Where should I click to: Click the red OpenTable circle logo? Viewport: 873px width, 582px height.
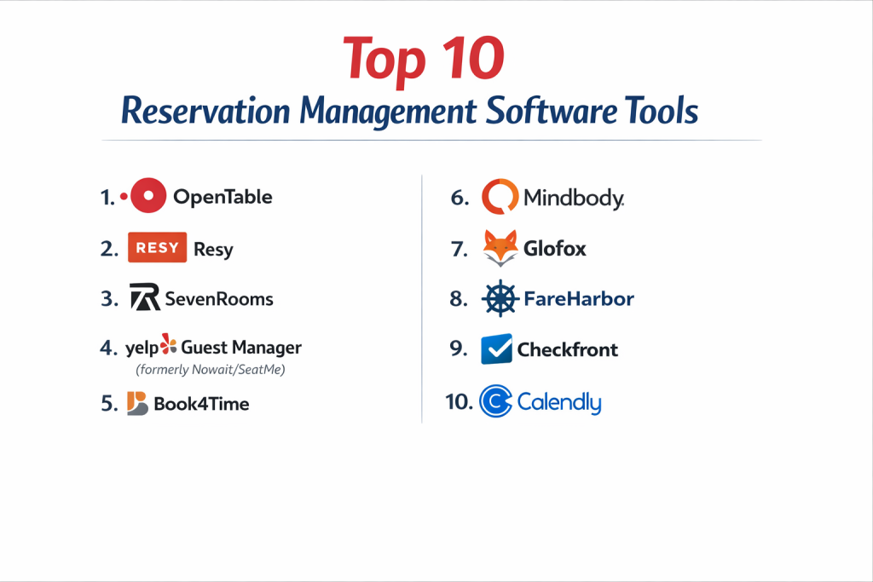pyautogui.click(x=147, y=195)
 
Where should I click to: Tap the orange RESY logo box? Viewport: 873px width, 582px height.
pyautogui.click(x=157, y=247)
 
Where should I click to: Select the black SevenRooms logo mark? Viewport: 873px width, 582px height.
pyautogui.click(x=145, y=297)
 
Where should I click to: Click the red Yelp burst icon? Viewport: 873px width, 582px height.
pyautogui.click(x=168, y=344)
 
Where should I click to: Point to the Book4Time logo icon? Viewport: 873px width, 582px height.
pyautogui.click(x=137, y=403)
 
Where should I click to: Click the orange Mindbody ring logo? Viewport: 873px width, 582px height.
pyautogui.click(x=500, y=196)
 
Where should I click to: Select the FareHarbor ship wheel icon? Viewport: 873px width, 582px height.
pyautogui.click(x=500, y=298)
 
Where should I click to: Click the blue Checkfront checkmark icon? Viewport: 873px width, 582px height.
pyautogui.click(x=496, y=349)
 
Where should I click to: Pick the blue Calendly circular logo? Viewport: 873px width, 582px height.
pyautogui.click(x=495, y=400)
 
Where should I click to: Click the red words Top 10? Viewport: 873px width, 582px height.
pyautogui.click(x=424, y=60)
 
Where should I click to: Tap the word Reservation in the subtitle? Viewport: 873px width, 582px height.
pyautogui.click(x=205, y=111)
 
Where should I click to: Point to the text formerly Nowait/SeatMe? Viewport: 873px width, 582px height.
pyautogui.click(x=211, y=370)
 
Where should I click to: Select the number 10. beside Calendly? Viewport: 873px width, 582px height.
pyautogui.click(x=459, y=401)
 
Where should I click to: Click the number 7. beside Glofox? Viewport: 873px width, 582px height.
pyautogui.click(x=460, y=249)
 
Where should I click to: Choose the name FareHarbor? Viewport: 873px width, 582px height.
pyautogui.click(x=579, y=299)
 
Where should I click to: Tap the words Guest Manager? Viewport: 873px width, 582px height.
pyautogui.click(x=241, y=348)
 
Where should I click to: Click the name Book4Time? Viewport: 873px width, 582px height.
pyautogui.click(x=201, y=404)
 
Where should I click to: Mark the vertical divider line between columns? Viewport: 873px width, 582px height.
pyautogui.click(x=422, y=299)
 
